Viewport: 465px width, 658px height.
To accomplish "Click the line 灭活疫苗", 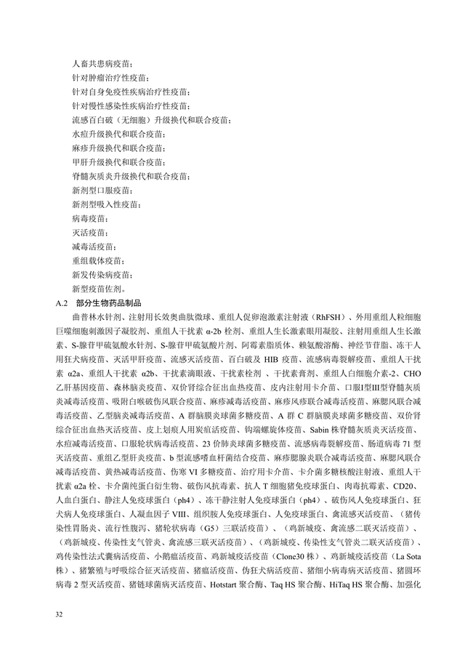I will (x=89, y=233).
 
